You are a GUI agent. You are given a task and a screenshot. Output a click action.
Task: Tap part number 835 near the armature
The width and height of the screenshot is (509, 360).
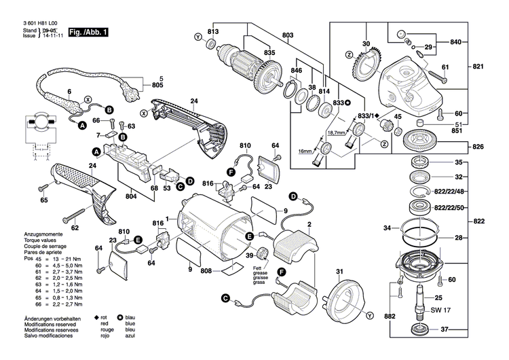(250, 52)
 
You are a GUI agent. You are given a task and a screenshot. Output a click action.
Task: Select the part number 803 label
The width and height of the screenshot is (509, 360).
(288, 35)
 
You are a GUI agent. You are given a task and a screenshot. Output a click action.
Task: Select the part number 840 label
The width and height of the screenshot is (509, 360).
(456, 42)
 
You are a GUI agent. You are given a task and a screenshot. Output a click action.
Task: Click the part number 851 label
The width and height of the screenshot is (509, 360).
(459, 131)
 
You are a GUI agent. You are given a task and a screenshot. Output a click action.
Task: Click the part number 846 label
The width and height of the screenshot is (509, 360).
(297, 71)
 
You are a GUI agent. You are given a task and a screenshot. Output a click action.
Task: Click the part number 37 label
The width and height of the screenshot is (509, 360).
(459, 331)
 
